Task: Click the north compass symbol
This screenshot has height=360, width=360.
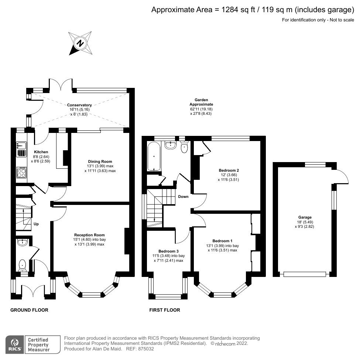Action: click(x=80, y=44)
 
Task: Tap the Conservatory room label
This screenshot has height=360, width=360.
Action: click(x=79, y=105)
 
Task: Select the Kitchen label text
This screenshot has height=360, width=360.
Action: click(x=41, y=152)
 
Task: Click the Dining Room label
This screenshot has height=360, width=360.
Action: click(x=100, y=161)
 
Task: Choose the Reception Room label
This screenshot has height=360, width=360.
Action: click(x=89, y=235)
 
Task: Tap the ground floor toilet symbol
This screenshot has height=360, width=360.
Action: click(x=22, y=265)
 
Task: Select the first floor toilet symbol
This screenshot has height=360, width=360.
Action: click(x=185, y=148)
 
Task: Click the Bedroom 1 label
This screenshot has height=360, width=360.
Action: click(x=222, y=241)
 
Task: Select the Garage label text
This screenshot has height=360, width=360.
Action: click(x=305, y=217)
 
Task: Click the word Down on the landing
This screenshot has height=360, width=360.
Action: click(x=183, y=196)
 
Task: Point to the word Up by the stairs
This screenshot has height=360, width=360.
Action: click(x=36, y=224)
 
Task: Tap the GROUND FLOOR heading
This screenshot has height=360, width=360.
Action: click(x=29, y=310)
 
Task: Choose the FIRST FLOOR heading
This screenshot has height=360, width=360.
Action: click(x=165, y=310)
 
